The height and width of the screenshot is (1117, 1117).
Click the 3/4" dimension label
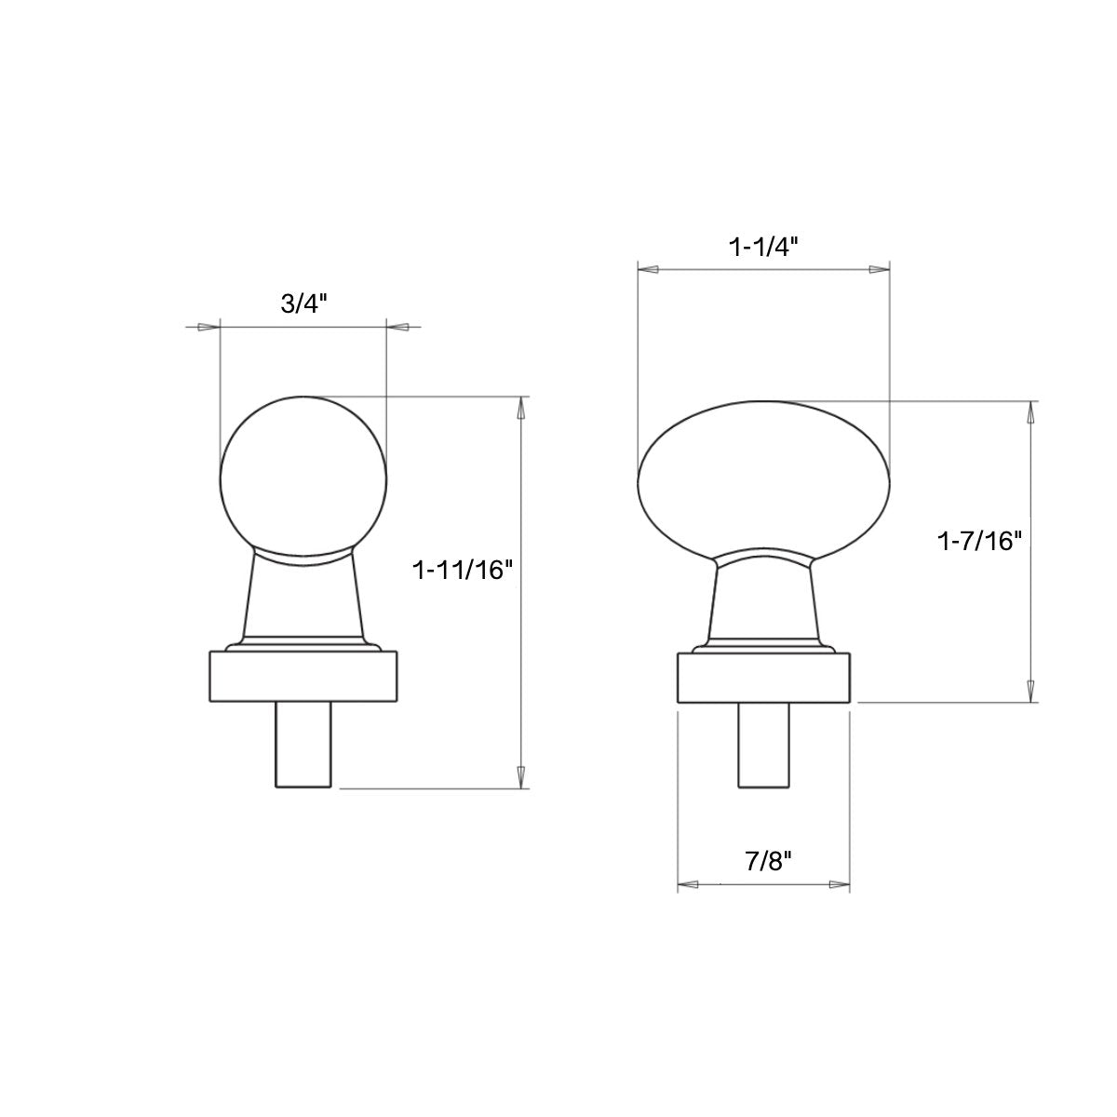[303, 303]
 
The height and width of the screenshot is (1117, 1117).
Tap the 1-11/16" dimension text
[464, 571]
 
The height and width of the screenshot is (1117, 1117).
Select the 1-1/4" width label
[763, 248]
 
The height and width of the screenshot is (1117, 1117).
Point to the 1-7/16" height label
[979, 542]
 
